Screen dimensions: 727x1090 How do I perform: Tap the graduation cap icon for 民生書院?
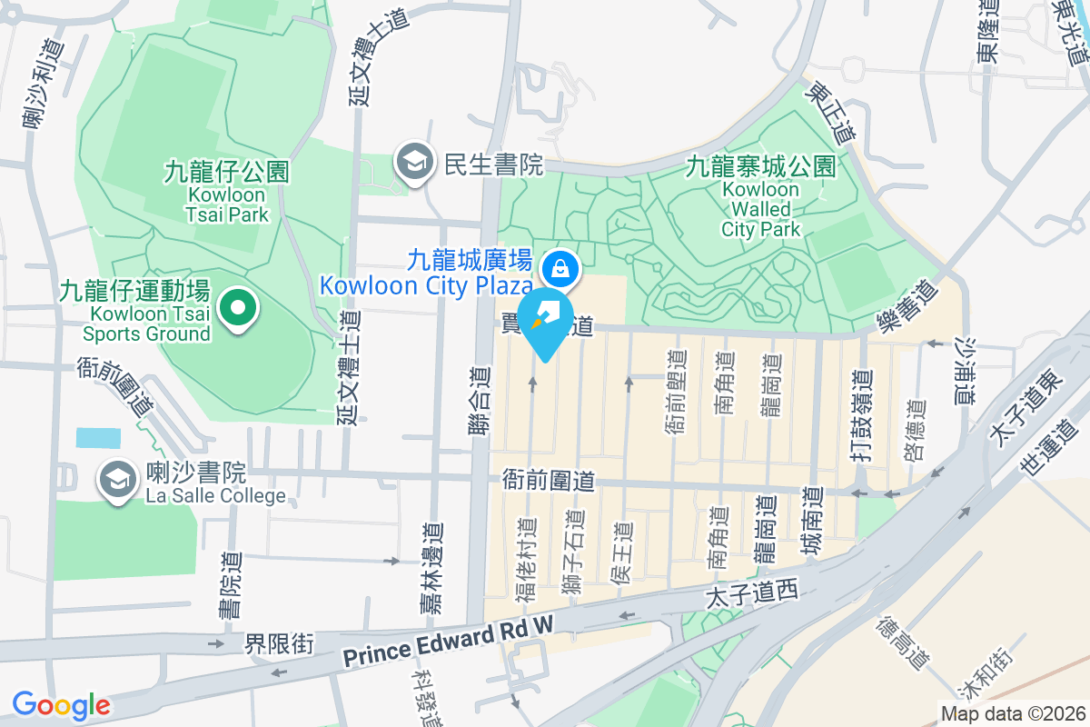coord(414,164)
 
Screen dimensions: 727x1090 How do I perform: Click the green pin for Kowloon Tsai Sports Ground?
coord(238,308)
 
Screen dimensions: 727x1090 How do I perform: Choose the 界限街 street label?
coord(279,643)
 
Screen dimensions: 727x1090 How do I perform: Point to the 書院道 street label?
coord(230,585)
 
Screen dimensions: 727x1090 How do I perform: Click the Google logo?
coord(61,704)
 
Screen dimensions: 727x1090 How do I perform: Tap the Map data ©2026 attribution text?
coord(1012,714)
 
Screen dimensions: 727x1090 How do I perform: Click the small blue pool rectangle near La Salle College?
coord(97,437)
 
